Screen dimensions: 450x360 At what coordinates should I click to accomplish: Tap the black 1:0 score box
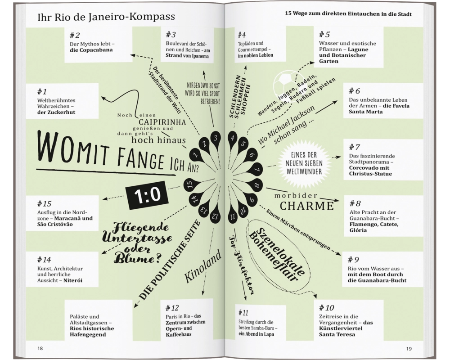click(147, 195)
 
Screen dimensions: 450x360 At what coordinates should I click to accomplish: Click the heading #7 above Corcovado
click(354, 147)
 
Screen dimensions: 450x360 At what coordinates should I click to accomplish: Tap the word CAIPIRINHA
click(162, 122)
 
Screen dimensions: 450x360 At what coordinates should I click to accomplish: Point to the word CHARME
click(307, 206)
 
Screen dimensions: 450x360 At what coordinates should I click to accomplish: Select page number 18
click(40, 348)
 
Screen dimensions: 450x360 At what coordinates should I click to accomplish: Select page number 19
click(409, 348)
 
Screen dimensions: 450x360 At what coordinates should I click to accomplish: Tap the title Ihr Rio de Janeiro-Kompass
click(106, 17)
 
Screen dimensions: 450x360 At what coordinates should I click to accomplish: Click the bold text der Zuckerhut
click(56, 112)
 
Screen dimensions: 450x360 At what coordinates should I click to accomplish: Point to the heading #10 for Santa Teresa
click(327, 308)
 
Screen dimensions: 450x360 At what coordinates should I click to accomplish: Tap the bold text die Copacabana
click(91, 50)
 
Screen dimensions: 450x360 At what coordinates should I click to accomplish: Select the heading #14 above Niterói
click(44, 260)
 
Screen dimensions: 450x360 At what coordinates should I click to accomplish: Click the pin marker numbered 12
click(216, 216)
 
